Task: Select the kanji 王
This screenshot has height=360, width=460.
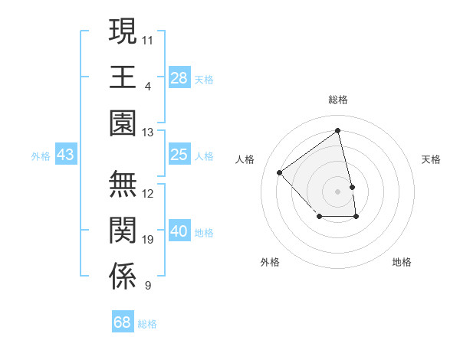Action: click(x=123, y=77)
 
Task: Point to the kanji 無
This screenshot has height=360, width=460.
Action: click(x=123, y=185)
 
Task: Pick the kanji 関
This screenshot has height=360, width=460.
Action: click(x=123, y=231)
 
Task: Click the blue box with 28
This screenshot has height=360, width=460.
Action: click(x=179, y=78)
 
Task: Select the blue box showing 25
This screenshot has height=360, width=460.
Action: click(x=179, y=155)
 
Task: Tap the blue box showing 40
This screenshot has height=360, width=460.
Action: click(x=179, y=232)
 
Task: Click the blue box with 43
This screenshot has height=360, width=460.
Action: click(x=65, y=155)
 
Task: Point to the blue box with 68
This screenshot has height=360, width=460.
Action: click(x=123, y=322)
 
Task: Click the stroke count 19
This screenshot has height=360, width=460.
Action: click(x=148, y=241)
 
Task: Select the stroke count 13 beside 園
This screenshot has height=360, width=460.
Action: click(x=148, y=133)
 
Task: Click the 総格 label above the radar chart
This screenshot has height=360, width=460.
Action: click(x=337, y=100)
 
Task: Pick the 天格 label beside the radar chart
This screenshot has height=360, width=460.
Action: click(x=431, y=159)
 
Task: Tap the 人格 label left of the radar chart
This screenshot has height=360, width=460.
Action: click(x=245, y=159)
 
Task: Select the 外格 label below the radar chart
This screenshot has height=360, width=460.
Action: click(x=270, y=262)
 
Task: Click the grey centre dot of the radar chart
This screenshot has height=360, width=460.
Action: click(x=337, y=190)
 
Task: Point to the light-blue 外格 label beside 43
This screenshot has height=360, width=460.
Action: click(x=41, y=156)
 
